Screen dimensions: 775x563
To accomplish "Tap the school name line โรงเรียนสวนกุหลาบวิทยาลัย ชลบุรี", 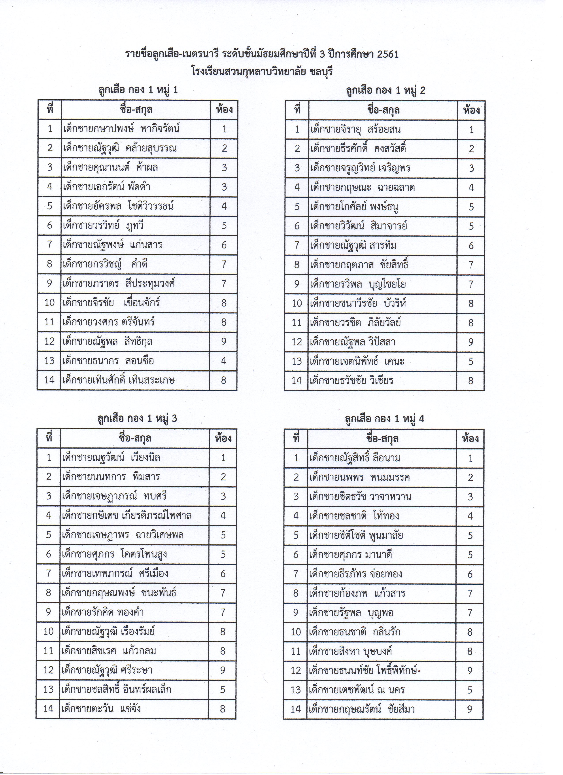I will pyautogui.click(x=262, y=72).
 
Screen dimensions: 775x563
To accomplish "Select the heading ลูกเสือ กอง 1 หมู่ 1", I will pyautogui.click(x=138, y=90).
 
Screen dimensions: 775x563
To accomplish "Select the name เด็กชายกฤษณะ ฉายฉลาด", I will pyautogui.click(x=363, y=188).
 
